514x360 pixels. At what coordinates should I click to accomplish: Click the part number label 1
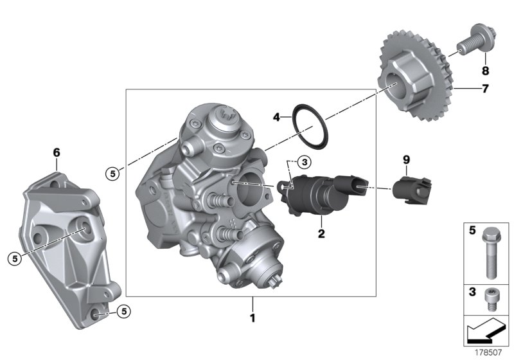click(253, 318)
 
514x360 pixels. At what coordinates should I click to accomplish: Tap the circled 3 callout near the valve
click(305, 162)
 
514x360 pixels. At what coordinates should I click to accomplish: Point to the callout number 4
click(276, 118)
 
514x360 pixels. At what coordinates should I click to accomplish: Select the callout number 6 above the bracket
click(56, 152)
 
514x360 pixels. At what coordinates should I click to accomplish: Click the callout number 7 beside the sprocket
click(485, 89)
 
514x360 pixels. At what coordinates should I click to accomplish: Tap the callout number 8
click(485, 70)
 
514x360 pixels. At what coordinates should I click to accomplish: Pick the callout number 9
click(405, 159)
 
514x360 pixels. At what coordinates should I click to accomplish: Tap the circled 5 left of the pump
click(113, 173)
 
